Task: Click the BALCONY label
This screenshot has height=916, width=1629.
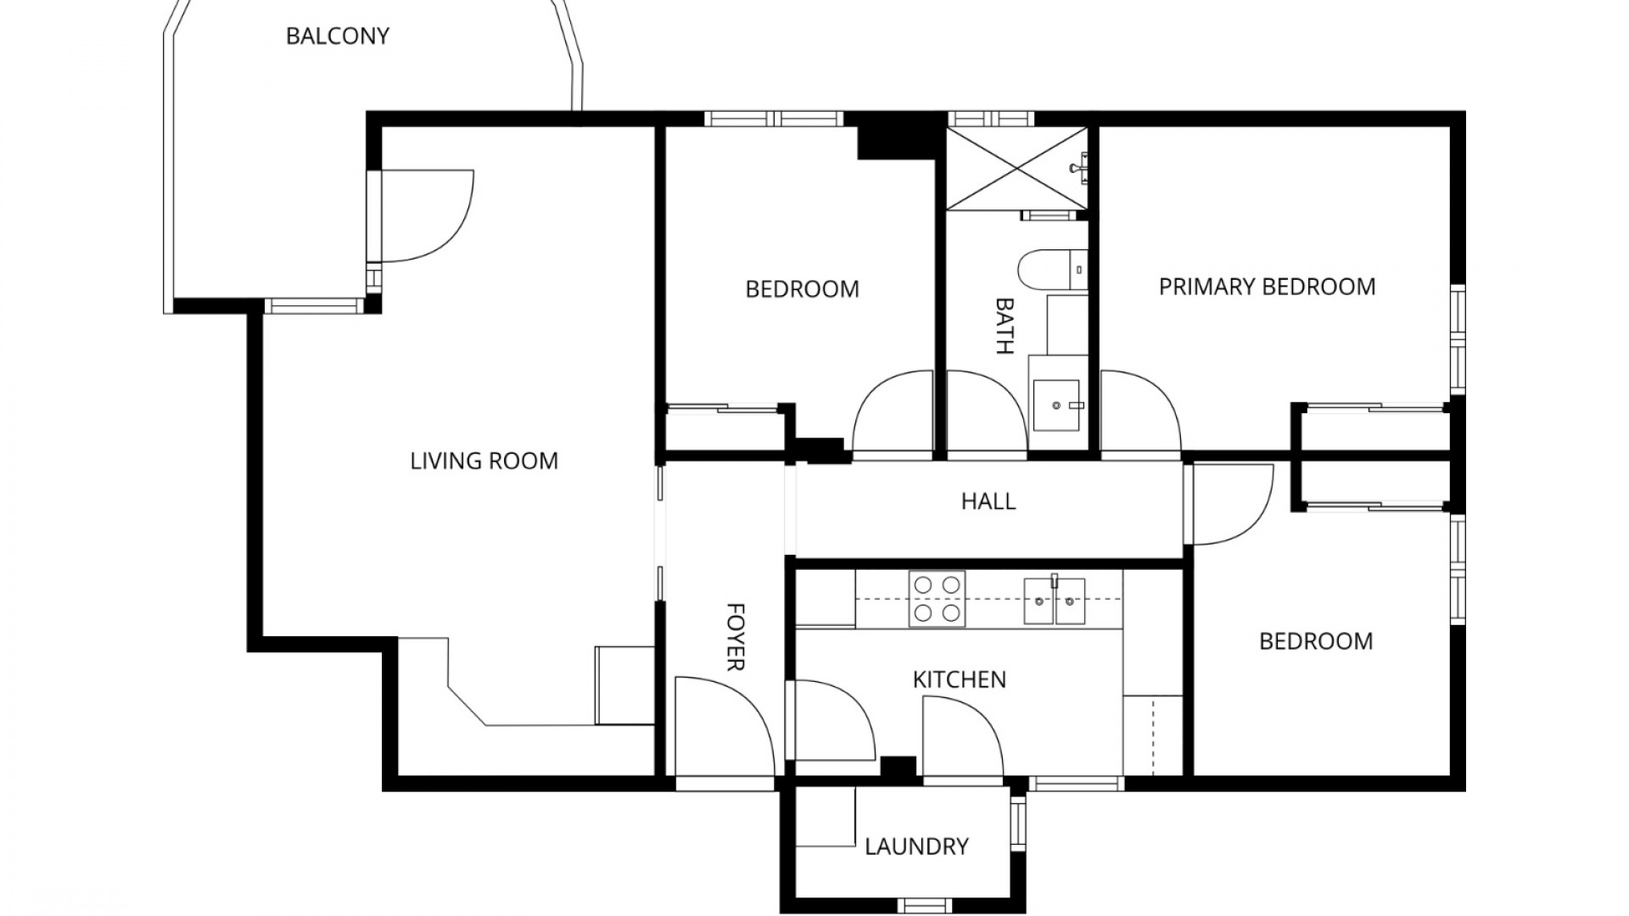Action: pyautogui.click(x=338, y=36)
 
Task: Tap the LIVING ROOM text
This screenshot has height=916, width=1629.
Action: pyautogui.click(x=484, y=461)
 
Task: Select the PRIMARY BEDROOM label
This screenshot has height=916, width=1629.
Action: pyautogui.click(x=1267, y=287)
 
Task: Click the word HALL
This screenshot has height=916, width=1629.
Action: pyautogui.click(x=988, y=501)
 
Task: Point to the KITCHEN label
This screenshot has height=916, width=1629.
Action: pyautogui.click(x=959, y=679)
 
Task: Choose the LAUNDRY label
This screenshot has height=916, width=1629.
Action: pyautogui.click(x=916, y=846)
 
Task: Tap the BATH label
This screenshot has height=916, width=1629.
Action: pyautogui.click(x=1005, y=326)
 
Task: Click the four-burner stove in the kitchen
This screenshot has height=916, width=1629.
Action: pyautogui.click(x=937, y=599)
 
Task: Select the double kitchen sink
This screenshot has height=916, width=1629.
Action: pyautogui.click(x=1055, y=600)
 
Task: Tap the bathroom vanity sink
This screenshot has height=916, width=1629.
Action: pyautogui.click(x=1056, y=405)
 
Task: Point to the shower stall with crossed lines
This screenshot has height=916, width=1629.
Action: pyautogui.click(x=1016, y=168)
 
